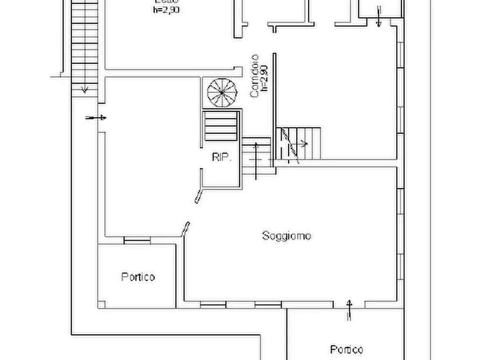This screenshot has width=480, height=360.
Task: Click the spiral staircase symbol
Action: coord(222,92)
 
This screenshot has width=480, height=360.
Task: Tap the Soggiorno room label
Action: coord(287,235)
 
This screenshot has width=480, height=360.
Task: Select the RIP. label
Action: coord(221,157)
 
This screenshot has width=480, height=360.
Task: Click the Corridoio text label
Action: coord(255,76)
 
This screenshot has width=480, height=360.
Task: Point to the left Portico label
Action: coord(138,277)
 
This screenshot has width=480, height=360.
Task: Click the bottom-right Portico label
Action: coord(346,349)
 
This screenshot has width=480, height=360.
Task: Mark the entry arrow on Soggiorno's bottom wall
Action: coord(350,309)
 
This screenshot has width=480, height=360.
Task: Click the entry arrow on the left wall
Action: coord(96,118)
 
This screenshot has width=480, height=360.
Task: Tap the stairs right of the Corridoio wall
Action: coord(298,143)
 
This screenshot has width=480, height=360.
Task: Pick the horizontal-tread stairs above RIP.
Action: coord(220,126)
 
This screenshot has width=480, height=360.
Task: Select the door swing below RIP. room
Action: coord(199,193)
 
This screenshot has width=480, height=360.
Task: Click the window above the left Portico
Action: coord(137,240)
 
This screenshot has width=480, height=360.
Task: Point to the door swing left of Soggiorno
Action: coord(187,228)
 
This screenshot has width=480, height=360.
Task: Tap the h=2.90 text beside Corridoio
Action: coord(263,76)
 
